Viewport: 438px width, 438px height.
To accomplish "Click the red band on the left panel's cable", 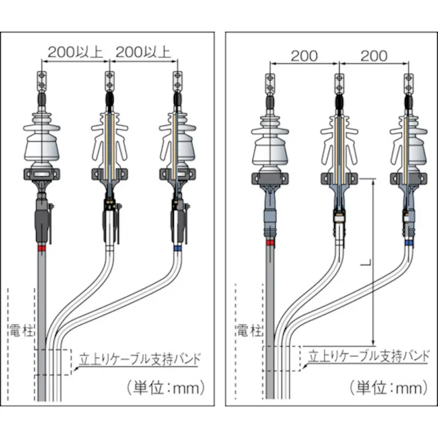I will (x=41, y=249).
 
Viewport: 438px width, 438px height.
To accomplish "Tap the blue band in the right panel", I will (x=406, y=243).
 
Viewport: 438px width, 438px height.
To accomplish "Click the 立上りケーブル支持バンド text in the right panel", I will (x=368, y=356).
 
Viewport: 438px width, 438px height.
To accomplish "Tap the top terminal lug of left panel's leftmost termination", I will (x=42, y=79).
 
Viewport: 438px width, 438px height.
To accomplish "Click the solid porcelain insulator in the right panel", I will (x=270, y=141).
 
